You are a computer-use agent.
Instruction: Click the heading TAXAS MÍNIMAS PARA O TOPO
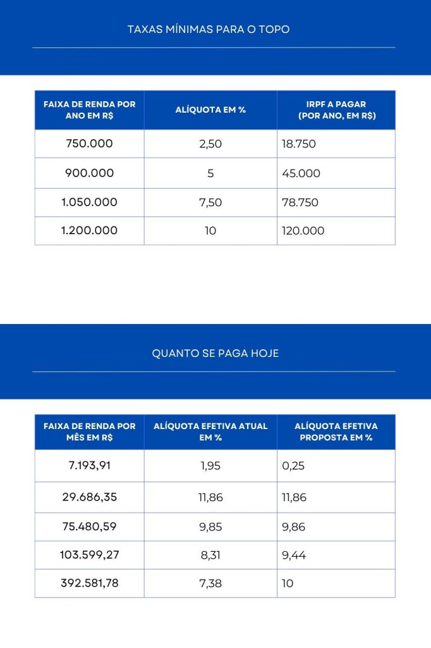pos(209,29)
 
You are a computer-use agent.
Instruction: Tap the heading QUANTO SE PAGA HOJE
pos(215,353)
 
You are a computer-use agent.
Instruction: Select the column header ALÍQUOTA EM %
pos(210,109)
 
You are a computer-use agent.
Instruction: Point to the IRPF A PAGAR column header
pos(336,109)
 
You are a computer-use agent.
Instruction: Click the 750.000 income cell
pos(89,144)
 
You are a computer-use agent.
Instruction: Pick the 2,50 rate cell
pos(210,144)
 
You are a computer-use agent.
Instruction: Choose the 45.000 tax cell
pos(301,173)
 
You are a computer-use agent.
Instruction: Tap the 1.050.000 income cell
pos(89,202)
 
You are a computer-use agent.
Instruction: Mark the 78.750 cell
pos(300,202)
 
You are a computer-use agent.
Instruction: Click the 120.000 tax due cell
pos(303,231)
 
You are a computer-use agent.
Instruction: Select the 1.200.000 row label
pos(89,231)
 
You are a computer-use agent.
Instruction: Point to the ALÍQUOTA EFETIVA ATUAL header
pos(210,432)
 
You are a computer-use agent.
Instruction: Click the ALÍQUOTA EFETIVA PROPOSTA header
pos(336,432)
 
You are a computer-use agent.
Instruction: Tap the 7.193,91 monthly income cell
pos(89,466)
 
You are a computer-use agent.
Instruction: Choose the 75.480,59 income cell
pos(89,526)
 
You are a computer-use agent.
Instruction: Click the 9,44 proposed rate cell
pos(294,555)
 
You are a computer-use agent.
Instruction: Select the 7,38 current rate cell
pos(210,583)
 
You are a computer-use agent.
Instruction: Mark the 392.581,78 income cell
pos(89,583)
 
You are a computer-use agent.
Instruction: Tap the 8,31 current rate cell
pos(210,555)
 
